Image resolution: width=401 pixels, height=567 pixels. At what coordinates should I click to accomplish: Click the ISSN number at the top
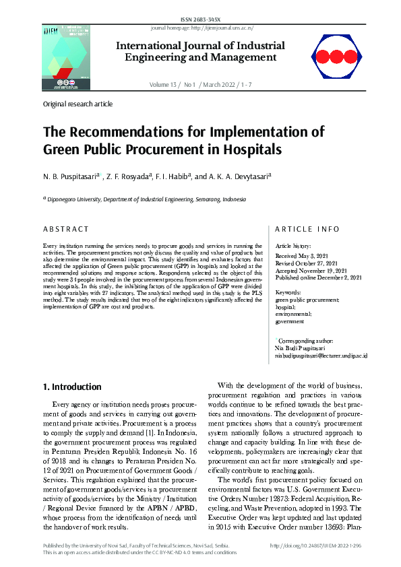click(x=200, y=21)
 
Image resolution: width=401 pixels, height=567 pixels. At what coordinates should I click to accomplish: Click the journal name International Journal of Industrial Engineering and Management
click(x=201, y=52)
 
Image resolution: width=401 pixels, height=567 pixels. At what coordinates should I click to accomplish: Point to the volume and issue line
click(x=201, y=85)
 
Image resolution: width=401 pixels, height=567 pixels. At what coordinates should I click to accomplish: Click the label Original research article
click(x=78, y=104)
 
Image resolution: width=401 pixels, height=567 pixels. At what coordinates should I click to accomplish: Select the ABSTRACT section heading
click(x=65, y=230)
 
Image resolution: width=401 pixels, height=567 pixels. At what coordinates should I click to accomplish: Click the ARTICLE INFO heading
click(x=307, y=230)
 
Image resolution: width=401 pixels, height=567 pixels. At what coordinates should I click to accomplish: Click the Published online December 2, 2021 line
click(x=319, y=277)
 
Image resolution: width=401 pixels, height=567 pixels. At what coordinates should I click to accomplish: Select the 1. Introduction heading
click(x=72, y=387)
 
